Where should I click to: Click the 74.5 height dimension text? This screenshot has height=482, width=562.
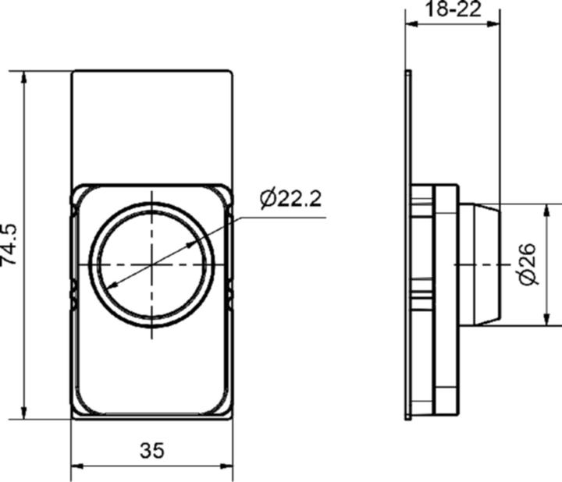10,244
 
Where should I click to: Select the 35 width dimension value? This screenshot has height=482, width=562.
152,450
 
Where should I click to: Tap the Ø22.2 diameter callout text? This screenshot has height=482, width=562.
290,199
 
